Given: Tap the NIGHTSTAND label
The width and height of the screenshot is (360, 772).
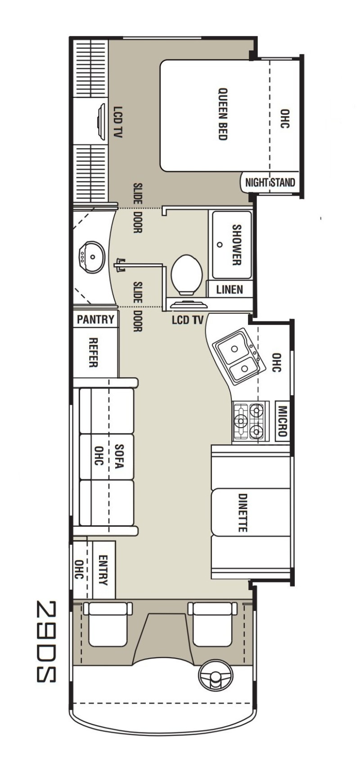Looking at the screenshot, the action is point(270,183).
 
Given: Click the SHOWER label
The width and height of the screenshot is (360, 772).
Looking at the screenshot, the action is point(236,245).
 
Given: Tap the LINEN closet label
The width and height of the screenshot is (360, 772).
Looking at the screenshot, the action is point(229,289).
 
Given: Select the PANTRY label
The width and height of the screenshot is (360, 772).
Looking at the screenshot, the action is point(95,320).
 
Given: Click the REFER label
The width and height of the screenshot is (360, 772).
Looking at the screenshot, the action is point(94,352).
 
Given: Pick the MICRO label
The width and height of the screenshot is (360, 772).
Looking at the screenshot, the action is point(282,421).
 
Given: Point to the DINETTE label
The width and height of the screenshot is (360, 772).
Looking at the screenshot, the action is point(243,513).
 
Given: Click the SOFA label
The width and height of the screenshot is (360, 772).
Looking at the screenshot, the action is point(119,456).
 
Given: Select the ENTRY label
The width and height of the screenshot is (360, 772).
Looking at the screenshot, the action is point(103,570).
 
